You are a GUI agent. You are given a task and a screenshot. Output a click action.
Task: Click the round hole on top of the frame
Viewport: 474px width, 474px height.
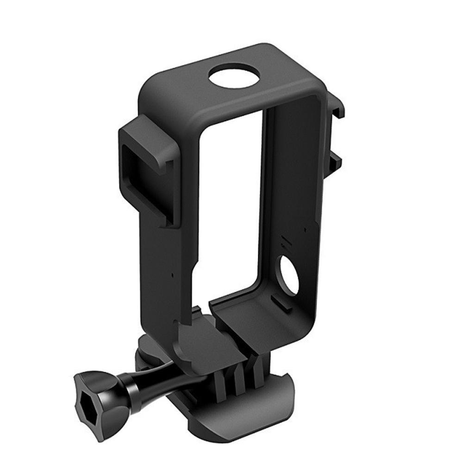(x=234, y=76)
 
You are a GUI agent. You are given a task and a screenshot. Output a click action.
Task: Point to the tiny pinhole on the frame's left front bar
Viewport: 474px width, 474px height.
(x=173, y=274)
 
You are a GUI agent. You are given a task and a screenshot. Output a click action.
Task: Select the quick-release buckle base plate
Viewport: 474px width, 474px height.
(x=241, y=412)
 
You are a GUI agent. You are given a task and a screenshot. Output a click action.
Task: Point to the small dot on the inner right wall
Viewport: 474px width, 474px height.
(x=305, y=228)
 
